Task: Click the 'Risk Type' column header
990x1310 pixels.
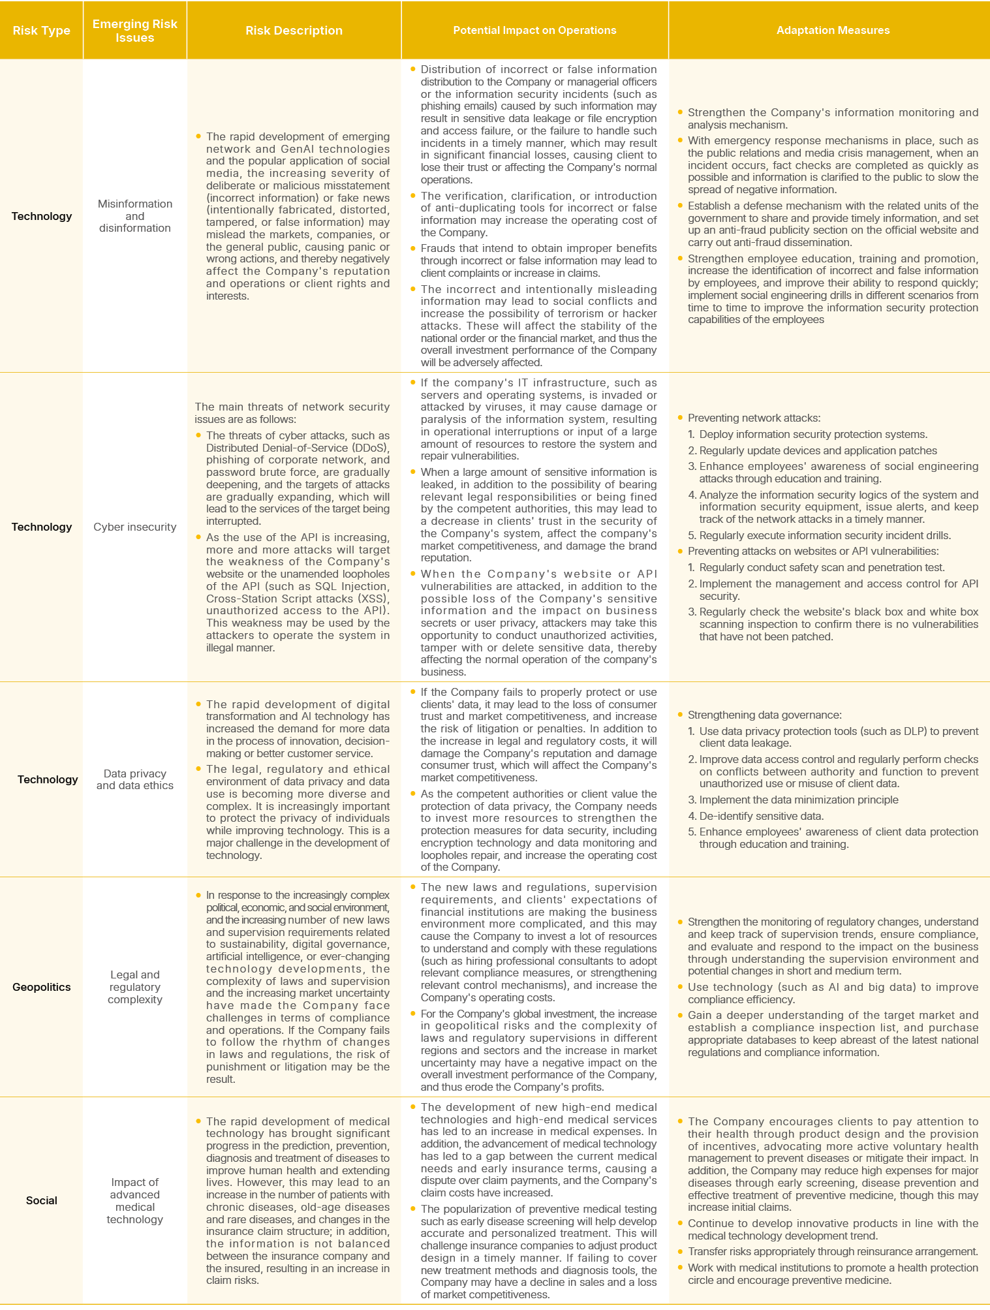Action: [41, 31]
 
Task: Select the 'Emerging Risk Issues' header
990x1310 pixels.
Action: [134, 31]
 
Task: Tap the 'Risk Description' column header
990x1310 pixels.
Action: [294, 31]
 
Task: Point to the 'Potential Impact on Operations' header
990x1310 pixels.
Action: [534, 31]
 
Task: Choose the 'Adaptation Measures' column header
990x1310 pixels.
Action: [833, 31]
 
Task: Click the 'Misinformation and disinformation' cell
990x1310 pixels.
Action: [135, 216]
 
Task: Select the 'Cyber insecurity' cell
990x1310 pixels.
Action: [135, 527]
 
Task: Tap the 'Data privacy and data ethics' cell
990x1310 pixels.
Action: [135, 779]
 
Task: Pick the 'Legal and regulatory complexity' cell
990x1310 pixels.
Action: [135, 987]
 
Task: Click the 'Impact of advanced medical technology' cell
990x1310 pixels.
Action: [135, 1200]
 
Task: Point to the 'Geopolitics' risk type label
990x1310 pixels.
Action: [42, 987]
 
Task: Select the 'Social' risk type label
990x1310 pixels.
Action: [42, 1200]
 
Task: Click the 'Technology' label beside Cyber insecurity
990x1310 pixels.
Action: [42, 527]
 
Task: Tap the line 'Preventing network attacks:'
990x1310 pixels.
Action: [754, 418]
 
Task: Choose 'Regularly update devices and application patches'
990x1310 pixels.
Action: [818, 450]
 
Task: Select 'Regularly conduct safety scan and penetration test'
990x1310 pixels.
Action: [822, 568]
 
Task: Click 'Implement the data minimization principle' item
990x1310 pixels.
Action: [798, 800]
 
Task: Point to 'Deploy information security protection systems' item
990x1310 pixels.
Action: [813, 435]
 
